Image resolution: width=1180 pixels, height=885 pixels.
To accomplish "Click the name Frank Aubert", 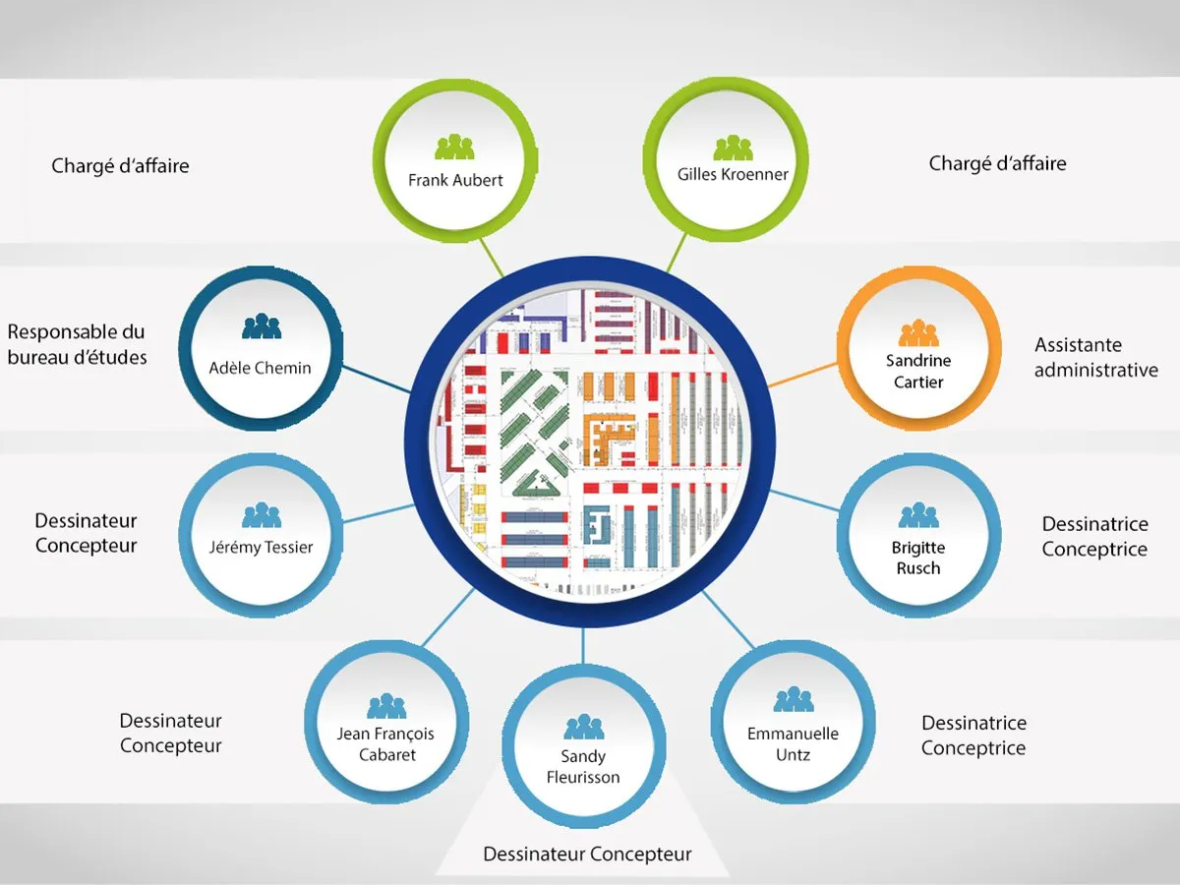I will (455, 180).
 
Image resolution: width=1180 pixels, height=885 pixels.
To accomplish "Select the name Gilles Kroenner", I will (733, 174).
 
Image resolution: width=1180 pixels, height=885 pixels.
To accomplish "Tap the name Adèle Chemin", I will (261, 368).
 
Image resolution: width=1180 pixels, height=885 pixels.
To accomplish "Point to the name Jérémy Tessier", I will (262, 547).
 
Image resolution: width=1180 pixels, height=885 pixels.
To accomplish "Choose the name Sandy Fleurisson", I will (583, 767).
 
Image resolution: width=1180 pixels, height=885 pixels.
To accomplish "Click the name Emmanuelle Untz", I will (793, 744).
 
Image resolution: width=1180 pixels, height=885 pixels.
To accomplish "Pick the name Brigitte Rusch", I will (918, 558).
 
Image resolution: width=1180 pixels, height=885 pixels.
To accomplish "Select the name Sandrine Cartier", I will (918, 371).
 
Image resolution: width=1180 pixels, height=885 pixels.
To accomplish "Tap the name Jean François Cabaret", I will (385, 744).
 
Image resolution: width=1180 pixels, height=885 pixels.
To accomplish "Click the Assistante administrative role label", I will (1095, 358).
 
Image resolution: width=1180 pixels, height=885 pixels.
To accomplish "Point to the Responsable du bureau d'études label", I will (78, 344).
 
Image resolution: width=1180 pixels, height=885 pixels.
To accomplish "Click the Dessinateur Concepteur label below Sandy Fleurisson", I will (587, 855).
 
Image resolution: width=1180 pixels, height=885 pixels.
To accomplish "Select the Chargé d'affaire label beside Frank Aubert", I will (120, 166).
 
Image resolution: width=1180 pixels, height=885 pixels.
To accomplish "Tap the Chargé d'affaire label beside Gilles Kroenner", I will (997, 163).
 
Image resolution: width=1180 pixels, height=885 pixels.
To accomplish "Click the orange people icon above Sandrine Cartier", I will (918, 332).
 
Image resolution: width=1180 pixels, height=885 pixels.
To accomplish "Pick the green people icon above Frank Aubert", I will (455, 147).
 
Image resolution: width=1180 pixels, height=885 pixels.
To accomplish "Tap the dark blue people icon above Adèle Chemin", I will (261, 325).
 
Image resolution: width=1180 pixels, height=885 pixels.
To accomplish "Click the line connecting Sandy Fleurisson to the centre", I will (583, 647).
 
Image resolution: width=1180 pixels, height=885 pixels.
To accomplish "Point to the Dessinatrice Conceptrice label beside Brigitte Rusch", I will (1094, 537).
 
